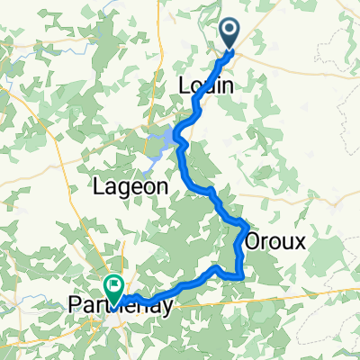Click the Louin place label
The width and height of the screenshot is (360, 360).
(208, 87)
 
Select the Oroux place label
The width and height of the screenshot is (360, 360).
(275, 241)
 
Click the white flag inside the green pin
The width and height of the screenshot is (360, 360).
(115, 285)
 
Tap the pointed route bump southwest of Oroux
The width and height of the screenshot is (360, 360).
(215, 267)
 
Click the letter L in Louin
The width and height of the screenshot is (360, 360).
(186, 87)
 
